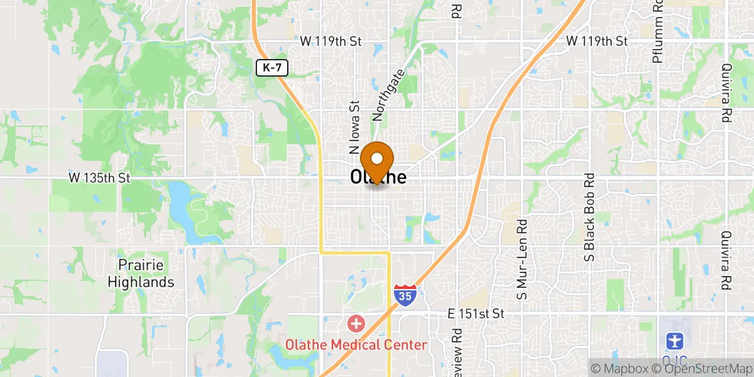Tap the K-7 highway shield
pos(271,68)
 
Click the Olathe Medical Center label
pos(356,344)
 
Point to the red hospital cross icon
pos(356,325)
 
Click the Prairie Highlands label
pos(141,273)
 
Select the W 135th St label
pos(99,178)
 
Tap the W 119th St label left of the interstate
pos(331,41)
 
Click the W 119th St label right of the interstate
pos(597,41)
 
